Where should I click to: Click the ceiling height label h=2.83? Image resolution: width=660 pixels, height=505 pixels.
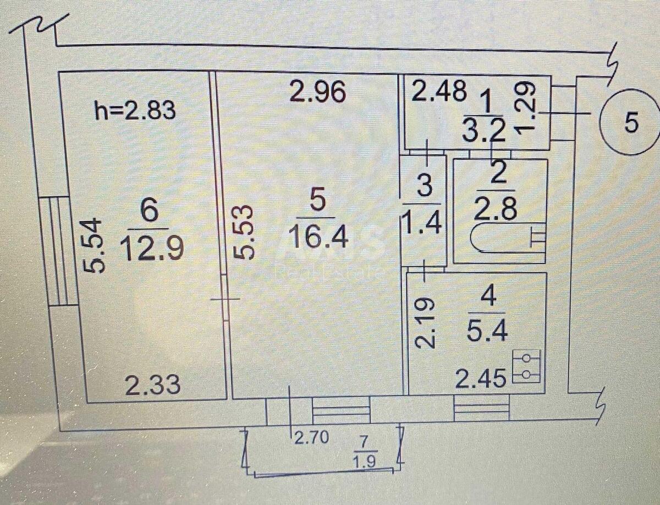135,111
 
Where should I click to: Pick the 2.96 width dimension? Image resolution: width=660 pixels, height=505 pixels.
318,92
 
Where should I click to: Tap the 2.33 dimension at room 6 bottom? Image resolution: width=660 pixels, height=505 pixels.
152,385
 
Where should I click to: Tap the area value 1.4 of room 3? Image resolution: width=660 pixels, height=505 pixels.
423,224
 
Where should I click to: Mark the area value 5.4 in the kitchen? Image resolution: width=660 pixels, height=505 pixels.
487,331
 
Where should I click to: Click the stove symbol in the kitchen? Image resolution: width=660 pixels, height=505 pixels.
526,366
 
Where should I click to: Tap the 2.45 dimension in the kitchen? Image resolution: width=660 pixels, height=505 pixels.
480,379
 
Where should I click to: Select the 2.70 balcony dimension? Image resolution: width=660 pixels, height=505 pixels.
311,438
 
